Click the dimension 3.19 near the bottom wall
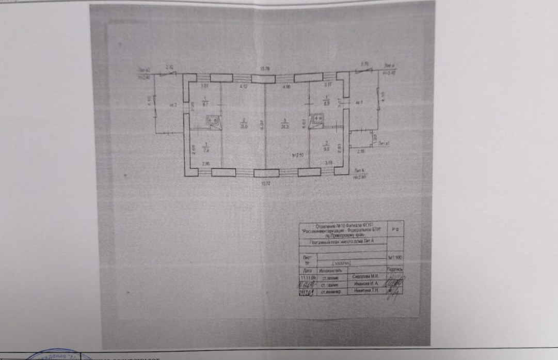pyautogui.click(x=328, y=163)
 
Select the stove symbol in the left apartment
pyautogui.click(x=213, y=120)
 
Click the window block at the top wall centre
pyautogui.click(x=264, y=78)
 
